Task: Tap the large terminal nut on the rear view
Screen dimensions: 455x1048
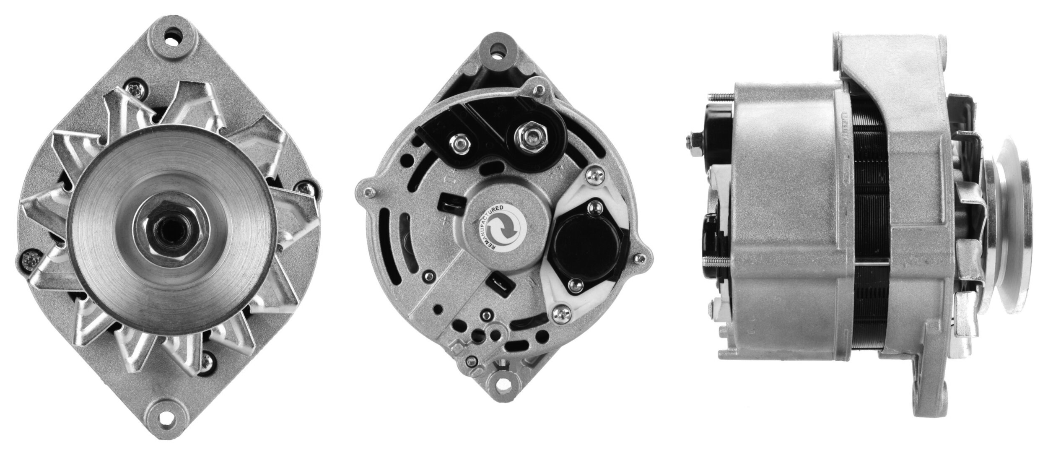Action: [530, 135]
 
